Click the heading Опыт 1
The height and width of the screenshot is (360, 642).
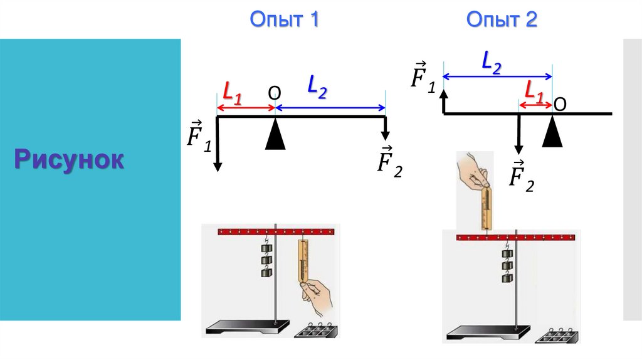[285, 19]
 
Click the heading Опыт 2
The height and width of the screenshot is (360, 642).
[502, 19]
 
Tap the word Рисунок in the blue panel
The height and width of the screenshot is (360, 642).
[70, 161]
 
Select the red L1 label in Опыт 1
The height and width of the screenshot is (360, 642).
[232, 95]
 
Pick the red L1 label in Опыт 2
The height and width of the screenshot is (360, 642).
[534, 92]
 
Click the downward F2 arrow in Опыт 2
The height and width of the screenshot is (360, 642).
[518, 135]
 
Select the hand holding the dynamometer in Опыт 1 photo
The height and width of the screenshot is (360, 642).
[318, 295]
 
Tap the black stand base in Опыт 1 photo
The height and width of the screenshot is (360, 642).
[247, 327]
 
